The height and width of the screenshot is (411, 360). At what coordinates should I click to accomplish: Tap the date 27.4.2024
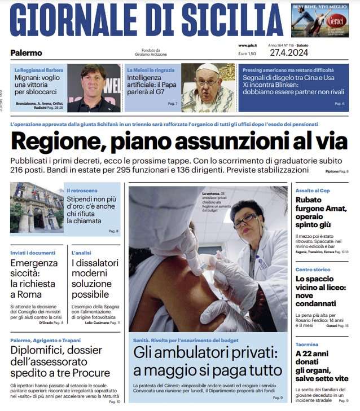[305, 53]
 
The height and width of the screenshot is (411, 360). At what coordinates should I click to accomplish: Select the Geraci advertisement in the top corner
[319, 20]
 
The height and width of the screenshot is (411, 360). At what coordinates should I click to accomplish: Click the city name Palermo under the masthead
[26, 53]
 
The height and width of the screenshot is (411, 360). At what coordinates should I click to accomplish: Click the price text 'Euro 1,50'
[247, 54]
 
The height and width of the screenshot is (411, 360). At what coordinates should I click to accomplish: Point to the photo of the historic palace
[37, 207]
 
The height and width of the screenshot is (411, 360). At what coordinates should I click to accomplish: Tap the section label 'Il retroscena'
[82, 191]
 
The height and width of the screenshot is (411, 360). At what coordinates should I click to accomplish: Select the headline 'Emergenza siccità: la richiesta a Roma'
[34, 279]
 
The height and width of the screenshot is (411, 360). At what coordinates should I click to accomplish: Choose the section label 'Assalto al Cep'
[313, 191]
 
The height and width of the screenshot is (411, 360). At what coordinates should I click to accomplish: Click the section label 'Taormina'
[307, 344]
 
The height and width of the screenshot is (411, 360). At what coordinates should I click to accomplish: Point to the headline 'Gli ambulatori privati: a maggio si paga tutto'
[207, 362]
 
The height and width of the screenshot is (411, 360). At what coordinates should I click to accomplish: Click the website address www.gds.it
[247, 46]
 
